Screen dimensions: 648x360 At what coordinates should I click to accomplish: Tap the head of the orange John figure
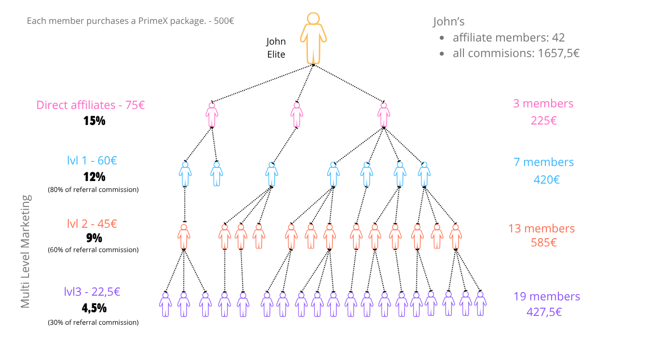[x=313, y=18]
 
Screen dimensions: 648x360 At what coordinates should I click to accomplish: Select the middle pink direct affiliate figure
[x=297, y=115]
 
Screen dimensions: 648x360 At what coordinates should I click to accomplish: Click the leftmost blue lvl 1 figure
[x=185, y=174]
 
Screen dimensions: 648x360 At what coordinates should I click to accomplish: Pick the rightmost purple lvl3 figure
[x=480, y=303]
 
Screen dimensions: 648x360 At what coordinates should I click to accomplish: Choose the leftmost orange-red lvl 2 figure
[x=184, y=237]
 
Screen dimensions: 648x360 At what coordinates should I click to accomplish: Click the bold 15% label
[x=94, y=121]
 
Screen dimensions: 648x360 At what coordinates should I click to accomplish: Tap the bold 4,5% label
[x=94, y=308]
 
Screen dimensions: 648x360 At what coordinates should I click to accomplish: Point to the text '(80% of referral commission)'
[x=93, y=189]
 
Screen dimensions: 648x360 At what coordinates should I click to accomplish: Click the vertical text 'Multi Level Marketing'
[x=25, y=252]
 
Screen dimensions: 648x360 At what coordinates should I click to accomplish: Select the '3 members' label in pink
[x=543, y=104]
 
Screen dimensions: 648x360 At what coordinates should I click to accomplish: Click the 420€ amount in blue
[x=546, y=179]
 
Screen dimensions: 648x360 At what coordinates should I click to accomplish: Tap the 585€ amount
[x=544, y=243]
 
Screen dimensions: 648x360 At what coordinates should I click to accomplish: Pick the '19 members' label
[x=547, y=296]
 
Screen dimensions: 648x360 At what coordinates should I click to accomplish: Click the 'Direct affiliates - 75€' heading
[x=91, y=105]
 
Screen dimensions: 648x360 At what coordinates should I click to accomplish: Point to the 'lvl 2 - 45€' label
[x=92, y=224]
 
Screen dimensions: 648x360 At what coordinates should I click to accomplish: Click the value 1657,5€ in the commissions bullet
[x=559, y=53]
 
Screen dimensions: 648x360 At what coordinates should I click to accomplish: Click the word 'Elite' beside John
[x=276, y=54]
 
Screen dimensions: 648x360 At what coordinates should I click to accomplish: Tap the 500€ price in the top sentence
[x=224, y=21]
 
